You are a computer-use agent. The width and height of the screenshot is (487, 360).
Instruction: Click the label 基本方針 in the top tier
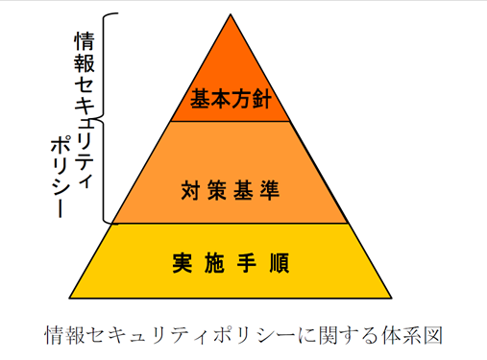tap(230, 98)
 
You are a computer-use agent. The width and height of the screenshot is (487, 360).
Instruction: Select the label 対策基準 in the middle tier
tap(230, 188)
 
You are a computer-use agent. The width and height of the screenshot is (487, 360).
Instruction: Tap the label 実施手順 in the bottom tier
tap(231, 260)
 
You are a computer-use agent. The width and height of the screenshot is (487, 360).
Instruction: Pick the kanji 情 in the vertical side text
tap(84, 41)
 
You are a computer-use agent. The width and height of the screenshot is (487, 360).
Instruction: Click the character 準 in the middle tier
tap(269, 188)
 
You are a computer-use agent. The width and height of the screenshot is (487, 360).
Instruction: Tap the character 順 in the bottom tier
tap(278, 260)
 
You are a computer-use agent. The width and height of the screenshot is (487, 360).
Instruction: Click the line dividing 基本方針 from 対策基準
tap(230, 121)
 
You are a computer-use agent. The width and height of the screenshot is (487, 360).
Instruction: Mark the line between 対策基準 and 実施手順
tap(230, 224)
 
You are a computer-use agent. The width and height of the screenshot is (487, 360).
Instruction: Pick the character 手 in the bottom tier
tap(247, 260)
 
